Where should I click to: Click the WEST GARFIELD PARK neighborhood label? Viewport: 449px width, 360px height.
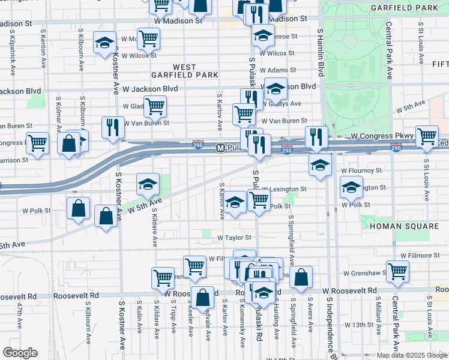pyautogui.click(x=184, y=71)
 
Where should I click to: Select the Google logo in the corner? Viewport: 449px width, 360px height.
pyautogui.click(x=20, y=353)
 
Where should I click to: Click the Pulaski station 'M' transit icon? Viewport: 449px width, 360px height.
pyautogui.click(x=220, y=148)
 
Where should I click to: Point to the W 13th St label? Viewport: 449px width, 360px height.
pyautogui.click(x=360, y=325)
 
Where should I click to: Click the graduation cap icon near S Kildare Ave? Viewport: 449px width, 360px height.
pyautogui.click(x=148, y=185)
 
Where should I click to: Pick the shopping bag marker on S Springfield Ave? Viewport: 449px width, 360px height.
pyautogui.click(x=301, y=277)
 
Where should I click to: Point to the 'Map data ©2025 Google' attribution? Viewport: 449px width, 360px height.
pyautogui.click(x=411, y=355)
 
